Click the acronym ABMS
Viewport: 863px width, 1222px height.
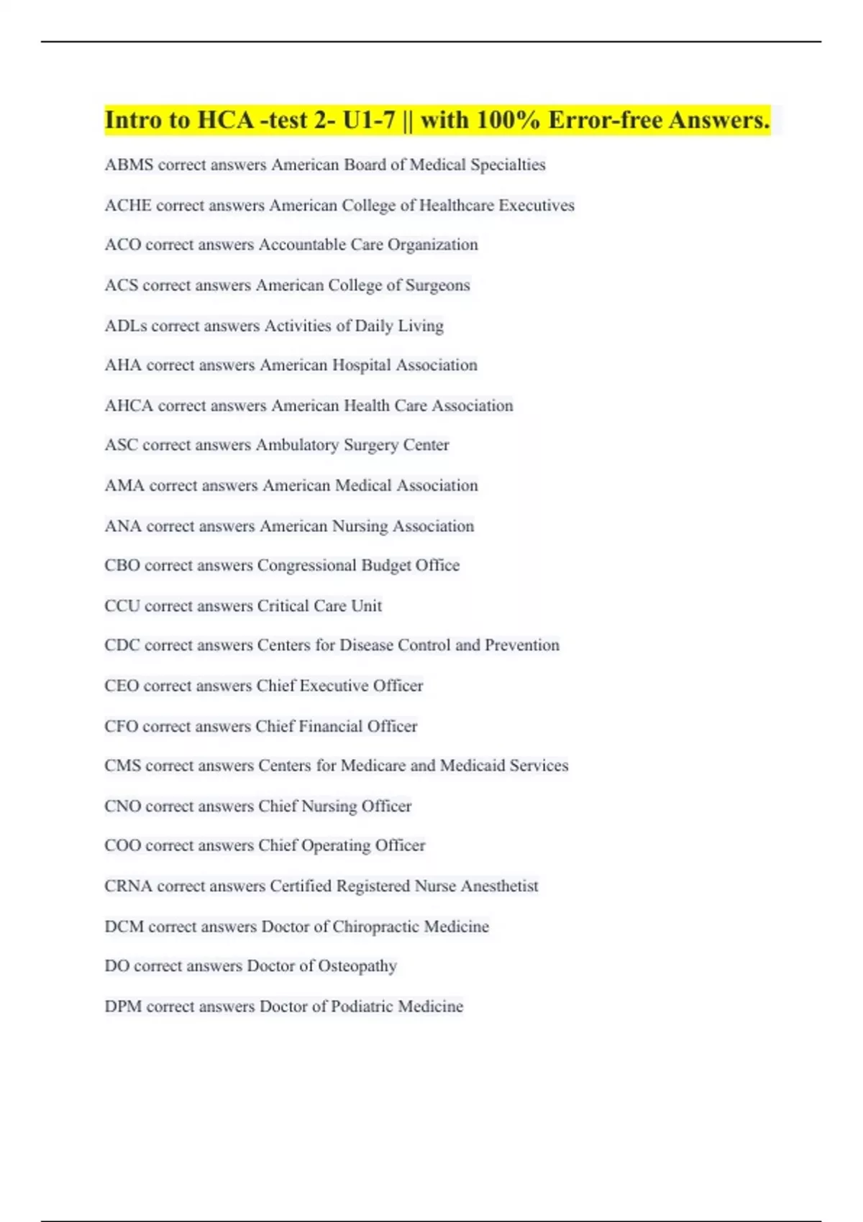pos(129,165)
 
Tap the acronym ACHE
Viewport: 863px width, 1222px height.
pos(128,206)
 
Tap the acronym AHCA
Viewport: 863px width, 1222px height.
pos(129,405)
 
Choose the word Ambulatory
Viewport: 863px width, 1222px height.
pos(297,445)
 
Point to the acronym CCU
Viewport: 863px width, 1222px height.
pos(122,606)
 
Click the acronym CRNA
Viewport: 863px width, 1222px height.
pos(128,886)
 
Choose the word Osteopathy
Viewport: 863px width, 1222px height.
pos(357,966)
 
